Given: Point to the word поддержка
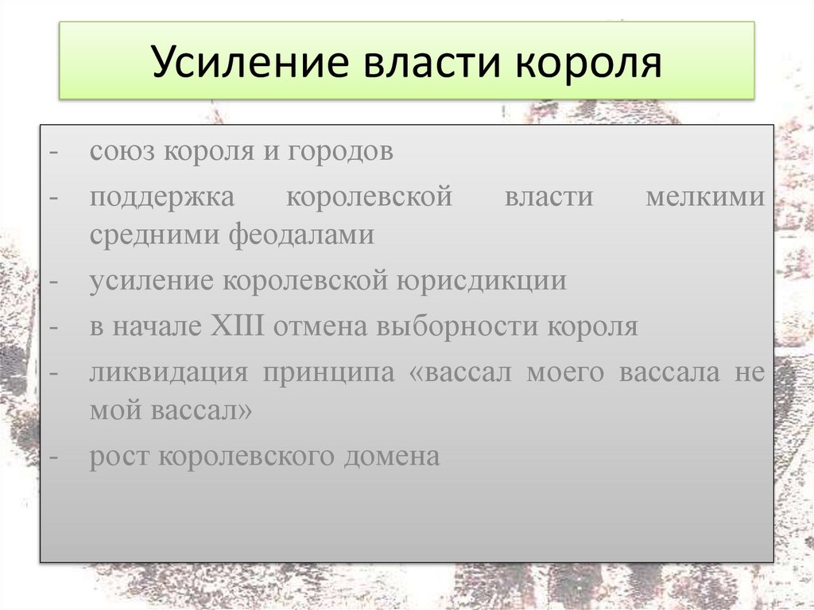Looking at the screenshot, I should coord(161,196).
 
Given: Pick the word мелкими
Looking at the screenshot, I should coord(704,196).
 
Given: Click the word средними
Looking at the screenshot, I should coord(155,235).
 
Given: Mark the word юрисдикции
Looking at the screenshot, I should coord(479,282).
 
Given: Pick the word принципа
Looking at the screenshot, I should coord(330,373).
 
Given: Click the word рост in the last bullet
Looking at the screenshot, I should coord(118,457).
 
